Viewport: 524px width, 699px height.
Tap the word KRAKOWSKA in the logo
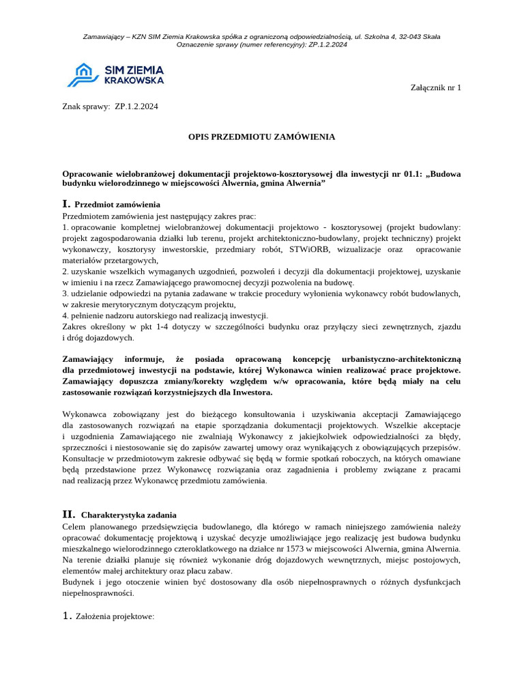[134, 81]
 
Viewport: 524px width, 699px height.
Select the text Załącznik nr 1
[435, 87]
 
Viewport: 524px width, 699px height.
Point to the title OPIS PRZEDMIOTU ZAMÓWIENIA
[261, 137]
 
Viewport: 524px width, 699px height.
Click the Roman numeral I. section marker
[66, 204]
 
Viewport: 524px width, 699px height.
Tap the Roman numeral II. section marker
[69, 514]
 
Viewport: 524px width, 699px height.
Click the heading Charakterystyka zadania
[128, 515]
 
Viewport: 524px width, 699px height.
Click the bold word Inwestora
[251, 392]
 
